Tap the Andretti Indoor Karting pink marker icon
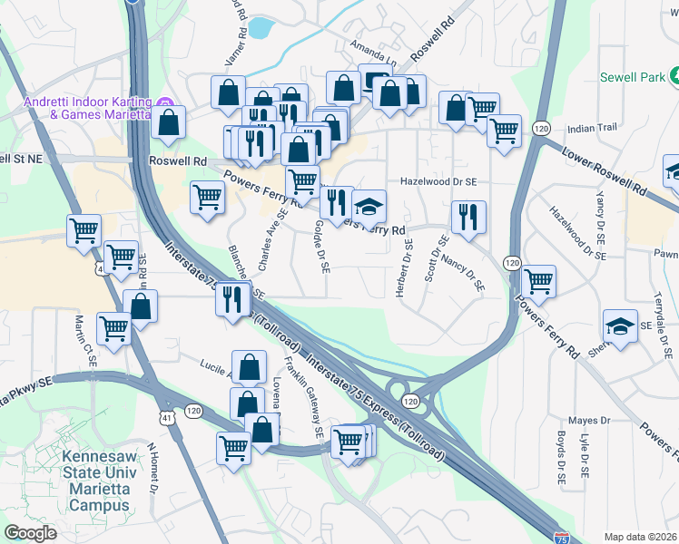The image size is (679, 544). [x=165, y=101]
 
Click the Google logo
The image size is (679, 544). [x=30, y=533]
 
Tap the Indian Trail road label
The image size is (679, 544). [x=591, y=129]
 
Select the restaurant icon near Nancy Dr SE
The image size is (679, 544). [x=468, y=218]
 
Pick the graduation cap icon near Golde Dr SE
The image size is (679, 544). [x=369, y=207]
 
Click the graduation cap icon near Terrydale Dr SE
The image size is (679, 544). [x=620, y=327]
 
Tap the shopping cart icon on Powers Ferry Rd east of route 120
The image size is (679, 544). [x=538, y=281]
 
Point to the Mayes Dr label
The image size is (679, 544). [x=589, y=421]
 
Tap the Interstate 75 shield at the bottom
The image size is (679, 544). [x=562, y=538]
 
